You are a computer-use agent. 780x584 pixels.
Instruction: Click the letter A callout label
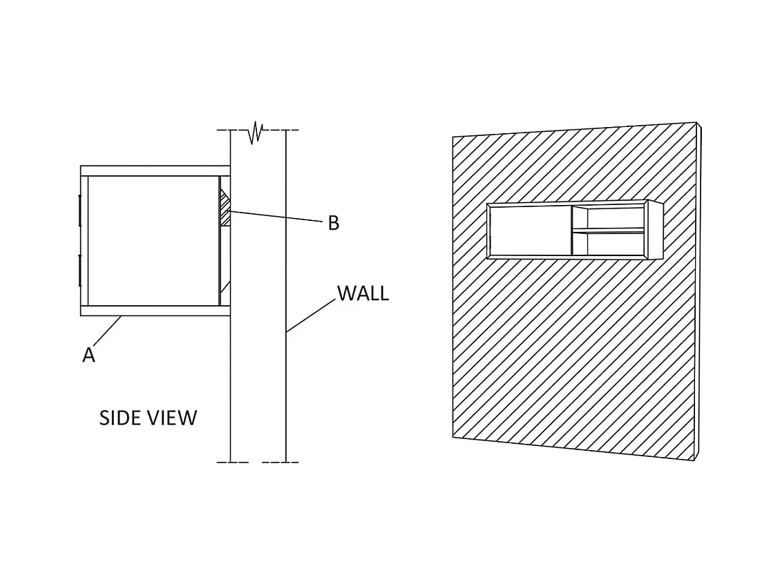point(88,355)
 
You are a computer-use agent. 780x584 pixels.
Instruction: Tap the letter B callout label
point(334,224)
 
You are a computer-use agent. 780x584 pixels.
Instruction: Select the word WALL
point(363,293)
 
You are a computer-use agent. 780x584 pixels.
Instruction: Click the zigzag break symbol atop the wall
point(256,131)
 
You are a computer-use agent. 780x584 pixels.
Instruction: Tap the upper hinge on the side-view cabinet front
point(80,209)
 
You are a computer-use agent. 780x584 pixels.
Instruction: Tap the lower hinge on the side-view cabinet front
point(80,270)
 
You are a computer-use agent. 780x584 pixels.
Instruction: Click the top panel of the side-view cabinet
point(155,171)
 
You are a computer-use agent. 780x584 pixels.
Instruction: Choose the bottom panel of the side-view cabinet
point(155,311)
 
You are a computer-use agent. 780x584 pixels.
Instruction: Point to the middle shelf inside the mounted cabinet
point(608,231)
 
